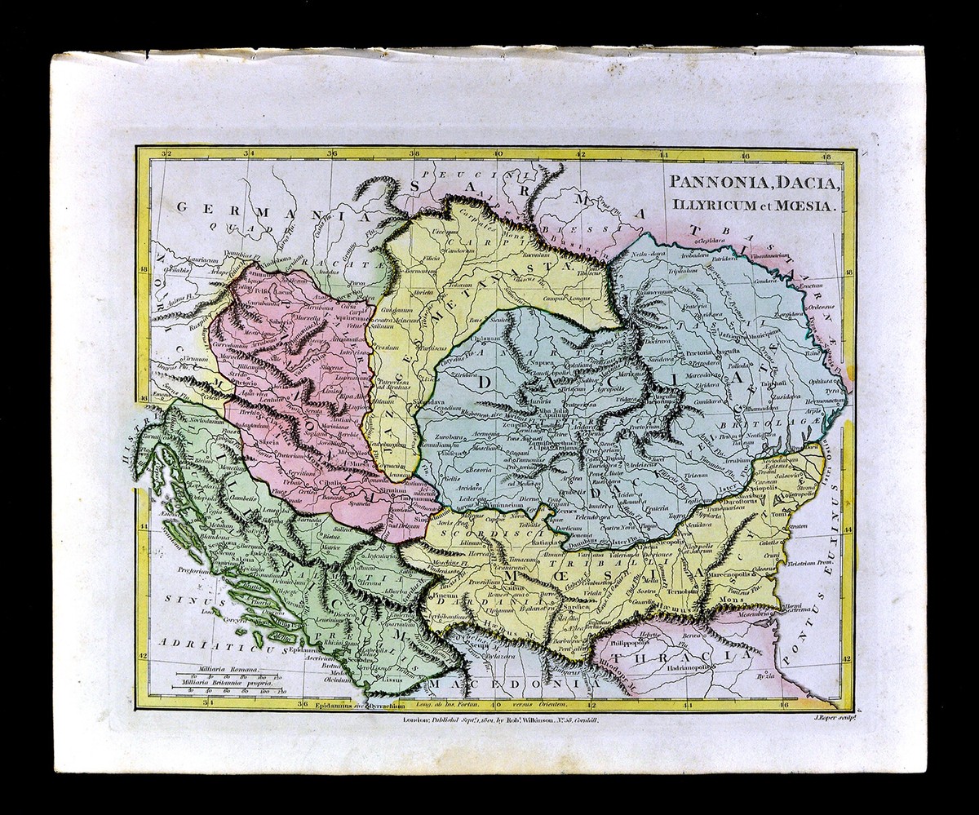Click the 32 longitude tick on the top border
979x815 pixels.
tap(166, 153)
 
